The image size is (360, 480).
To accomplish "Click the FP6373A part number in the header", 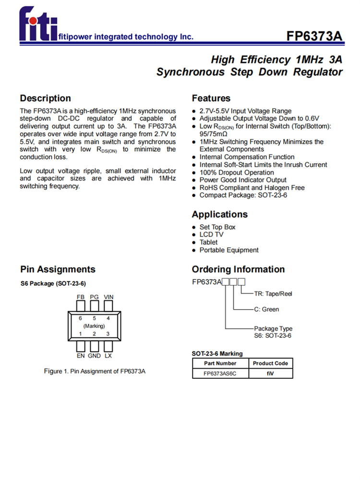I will coord(314,36).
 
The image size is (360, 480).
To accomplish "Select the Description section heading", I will coord(45,98).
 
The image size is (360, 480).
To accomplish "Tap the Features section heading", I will coord(211,98).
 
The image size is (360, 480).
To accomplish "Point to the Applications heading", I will coord(220,215).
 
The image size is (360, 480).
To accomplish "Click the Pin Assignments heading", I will coord(58,269).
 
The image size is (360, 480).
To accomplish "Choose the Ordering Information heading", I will coord(238,269).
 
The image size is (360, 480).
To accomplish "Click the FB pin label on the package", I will coord(81,297).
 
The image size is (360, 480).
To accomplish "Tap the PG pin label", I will coord(94,297).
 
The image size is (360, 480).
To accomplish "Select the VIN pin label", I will coord(108,297).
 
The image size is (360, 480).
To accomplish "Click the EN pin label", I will coord(81,356).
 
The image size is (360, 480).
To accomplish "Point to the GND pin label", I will coord(94,356).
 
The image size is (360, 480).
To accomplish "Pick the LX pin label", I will coord(108,356).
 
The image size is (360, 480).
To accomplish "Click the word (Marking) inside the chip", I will coord(94,326).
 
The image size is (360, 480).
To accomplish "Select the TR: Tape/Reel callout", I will coord(273,294).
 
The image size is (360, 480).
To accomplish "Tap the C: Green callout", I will coord(266,310).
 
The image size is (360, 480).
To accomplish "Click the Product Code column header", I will coord(270,363).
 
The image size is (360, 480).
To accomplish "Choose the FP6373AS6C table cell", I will coord(220,373).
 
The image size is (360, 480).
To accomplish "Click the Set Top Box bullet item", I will coord(217,227).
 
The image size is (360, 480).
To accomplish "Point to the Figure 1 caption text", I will coord(95,372).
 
